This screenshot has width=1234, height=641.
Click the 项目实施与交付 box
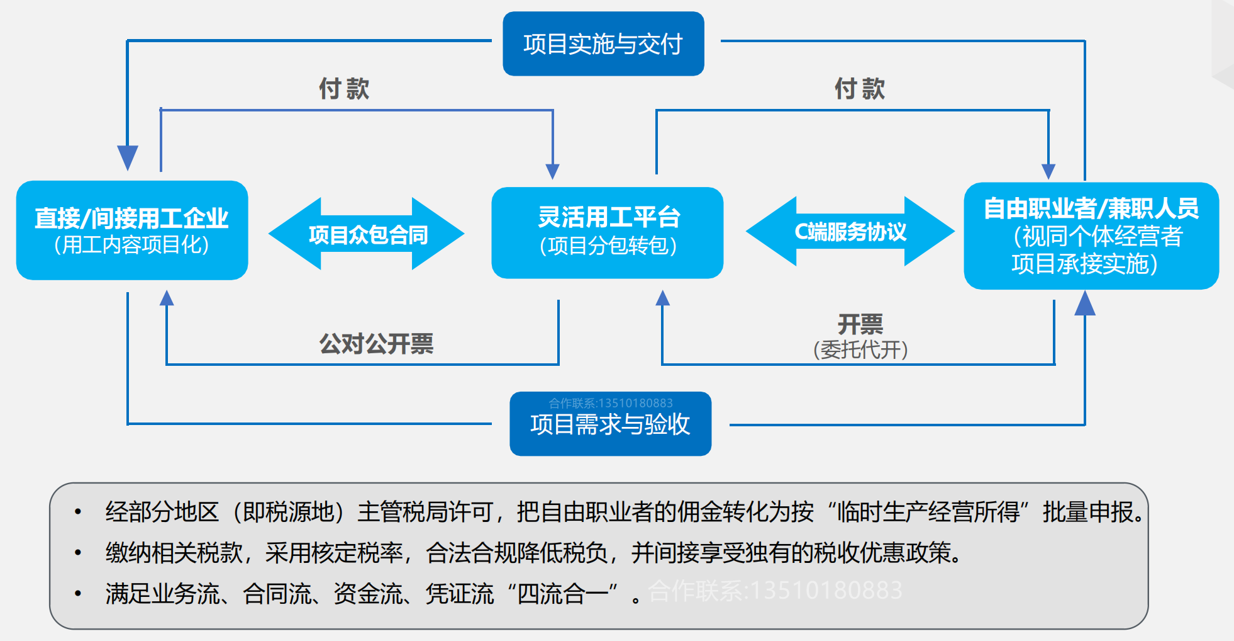coord(603,44)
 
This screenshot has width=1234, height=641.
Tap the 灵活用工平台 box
coord(608,232)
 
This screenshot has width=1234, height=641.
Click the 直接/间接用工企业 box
coord(132,230)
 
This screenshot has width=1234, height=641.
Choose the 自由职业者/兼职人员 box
coord(1091,235)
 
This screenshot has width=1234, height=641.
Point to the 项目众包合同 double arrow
coord(367,234)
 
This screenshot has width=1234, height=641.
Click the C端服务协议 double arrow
coord(850,232)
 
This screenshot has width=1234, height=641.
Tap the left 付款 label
coord(344,89)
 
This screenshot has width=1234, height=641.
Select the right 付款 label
coord(860,89)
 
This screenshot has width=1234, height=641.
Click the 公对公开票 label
coord(376,344)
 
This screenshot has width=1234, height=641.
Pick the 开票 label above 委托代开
coord(860,324)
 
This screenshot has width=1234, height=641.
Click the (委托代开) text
coord(860,349)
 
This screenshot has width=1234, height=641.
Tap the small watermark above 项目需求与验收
coord(610,403)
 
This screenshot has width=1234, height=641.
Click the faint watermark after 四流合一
coord(775,591)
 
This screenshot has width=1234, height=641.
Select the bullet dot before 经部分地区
coord(78,512)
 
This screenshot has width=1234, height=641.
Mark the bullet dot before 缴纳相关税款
coord(78,553)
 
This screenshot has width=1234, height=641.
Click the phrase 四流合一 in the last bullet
coord(563,594)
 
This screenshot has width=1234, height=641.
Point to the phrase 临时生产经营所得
coord(928,512)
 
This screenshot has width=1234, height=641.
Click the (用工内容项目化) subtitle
coord(132,245)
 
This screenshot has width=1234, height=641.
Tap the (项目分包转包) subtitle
coord(608,246)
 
